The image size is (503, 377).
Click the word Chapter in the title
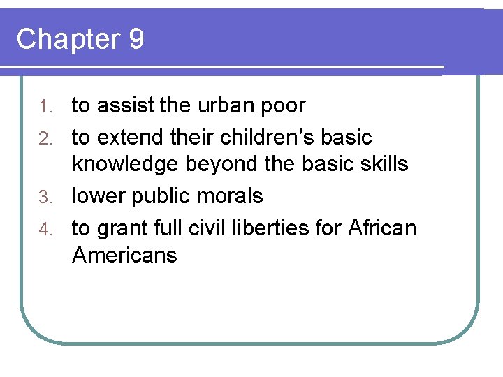coord(68,40)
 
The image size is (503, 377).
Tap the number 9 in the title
coord(136,39)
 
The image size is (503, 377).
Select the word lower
coord(100,196)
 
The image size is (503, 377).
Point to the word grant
coord(121,228)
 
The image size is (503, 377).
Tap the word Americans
coord(124,256)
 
